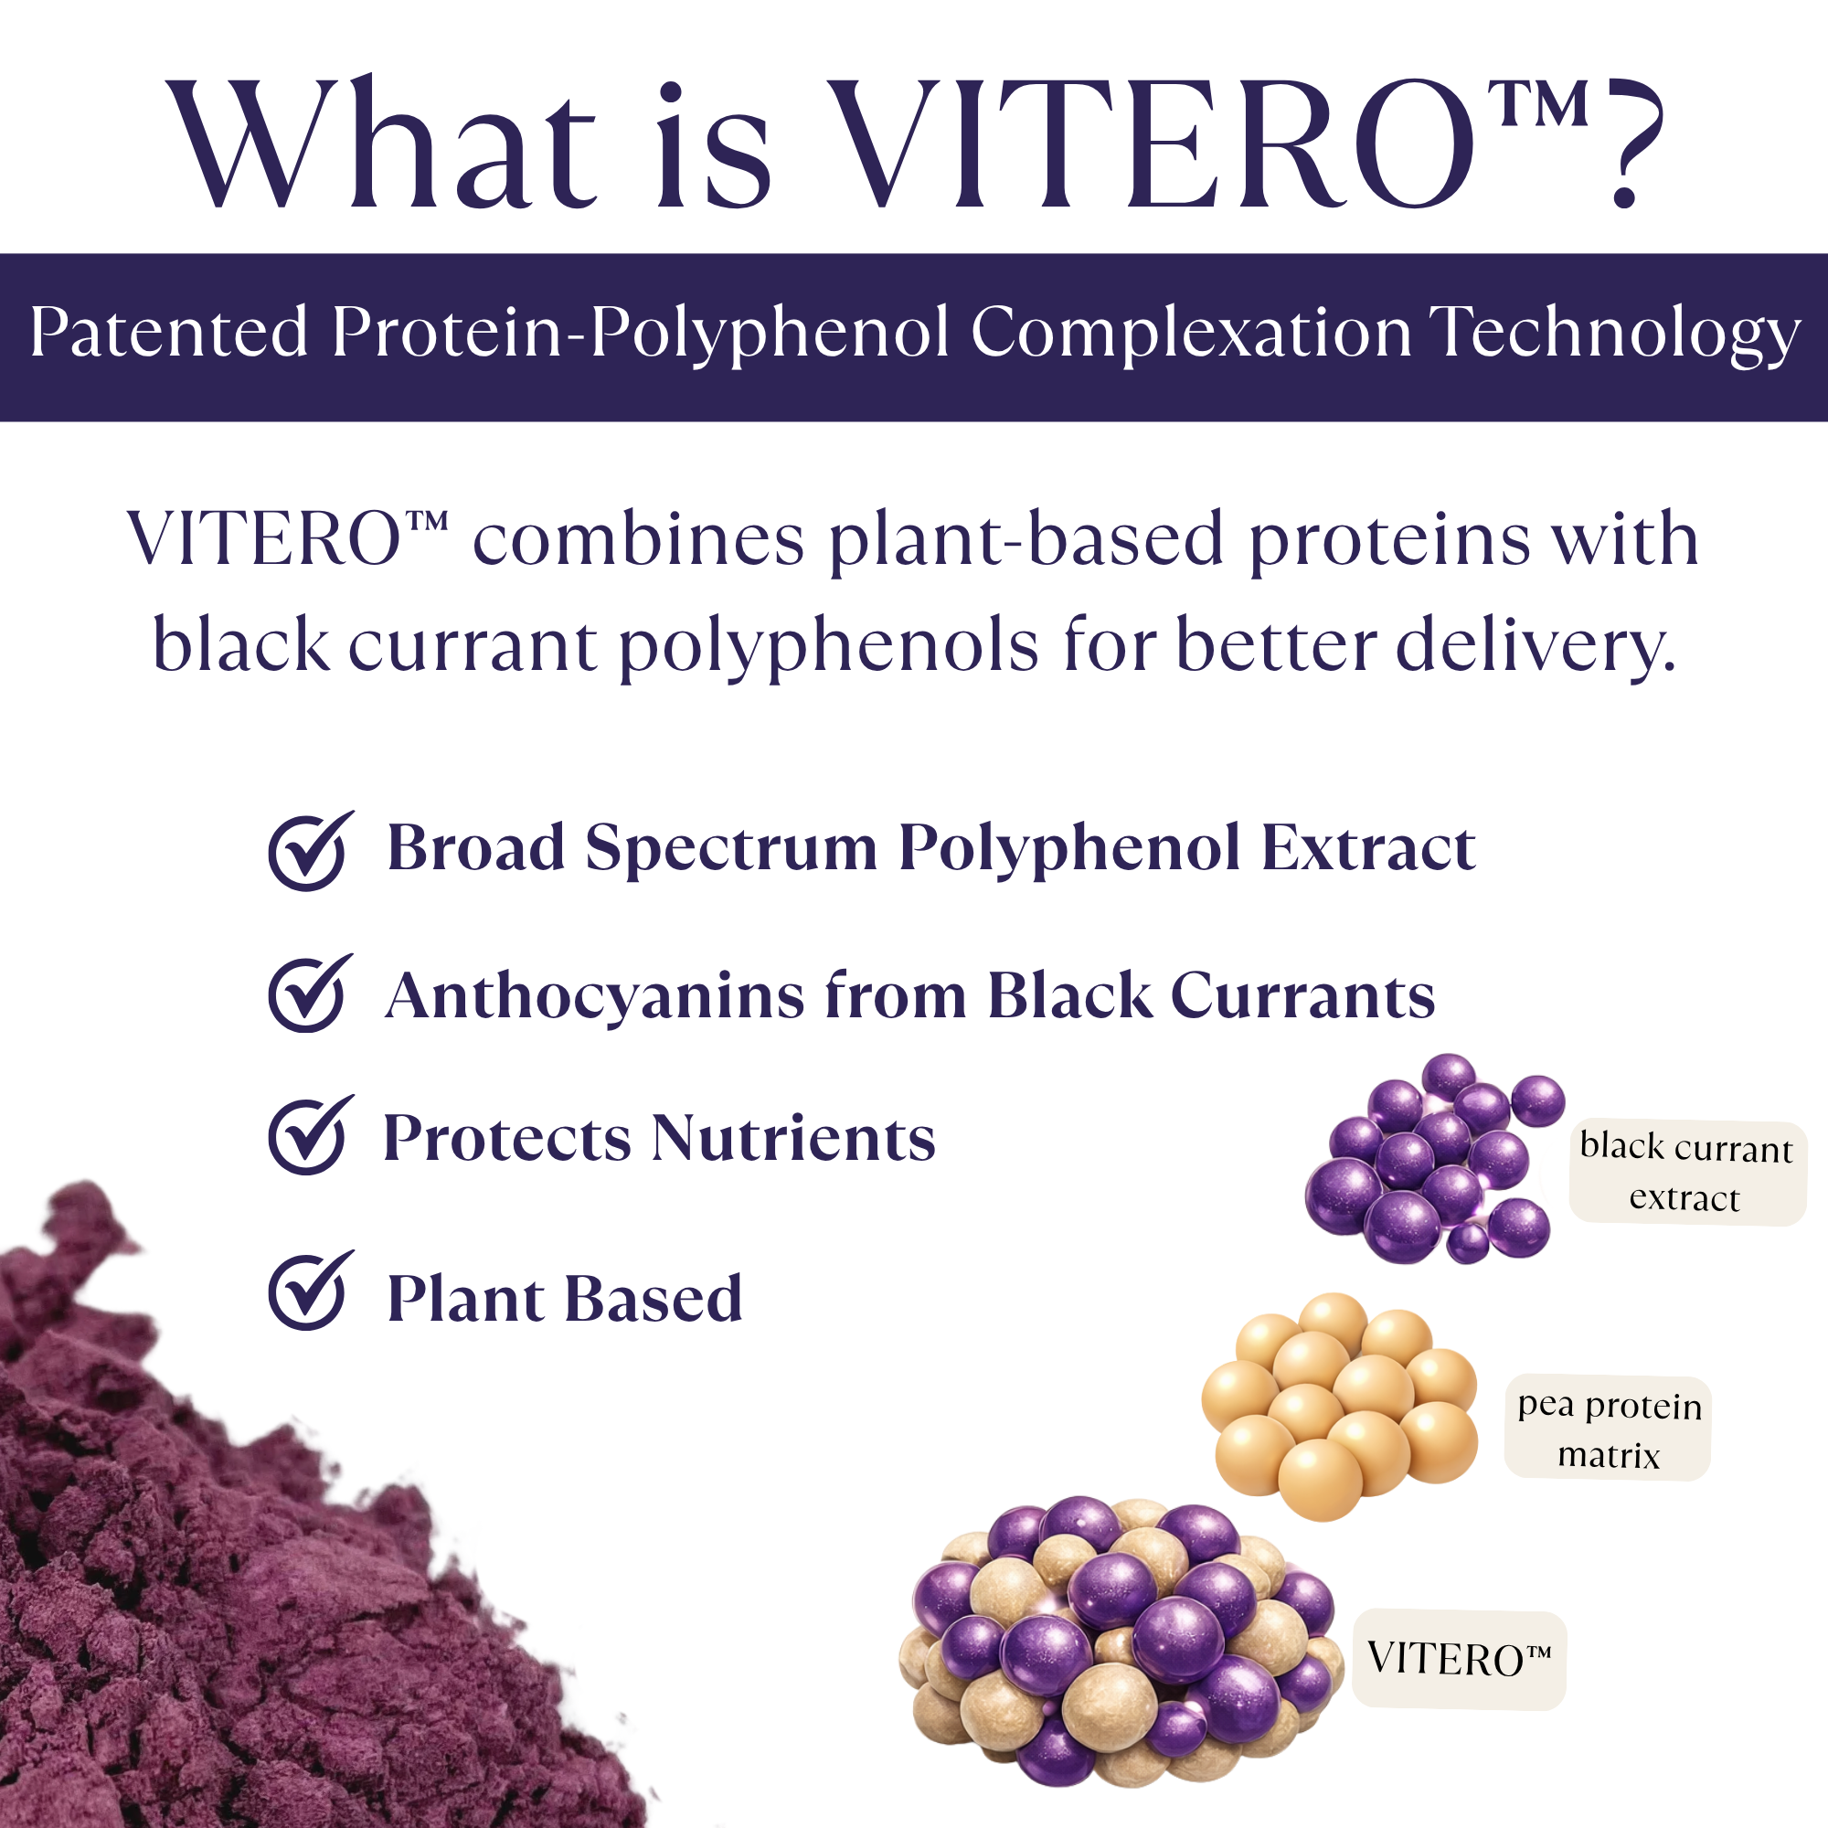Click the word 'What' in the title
click(382, 142)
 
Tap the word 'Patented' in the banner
click(169, 332)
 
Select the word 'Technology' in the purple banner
click(1614, 335)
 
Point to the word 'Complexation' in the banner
click(1190, 335)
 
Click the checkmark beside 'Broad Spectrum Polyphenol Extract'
click(311, 850)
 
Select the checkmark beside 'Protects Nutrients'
click(311, 1134)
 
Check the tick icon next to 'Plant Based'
click(311, 1290)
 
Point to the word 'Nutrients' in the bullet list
click(792, 1136)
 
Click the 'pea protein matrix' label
click(1608, 1429)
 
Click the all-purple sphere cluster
click(1434, 1158)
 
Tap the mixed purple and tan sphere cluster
click(1121, 1642)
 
